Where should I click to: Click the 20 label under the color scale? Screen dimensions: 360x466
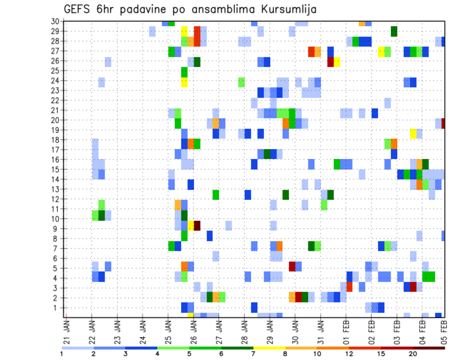[413, 354]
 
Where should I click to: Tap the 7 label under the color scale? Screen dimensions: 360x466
[253, 354]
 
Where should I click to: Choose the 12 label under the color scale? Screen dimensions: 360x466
[349, 354]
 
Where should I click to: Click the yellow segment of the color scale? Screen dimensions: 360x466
[269, 348]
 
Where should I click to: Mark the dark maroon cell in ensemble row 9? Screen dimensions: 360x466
[197, 226]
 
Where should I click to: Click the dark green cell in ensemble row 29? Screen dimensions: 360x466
[394, 31]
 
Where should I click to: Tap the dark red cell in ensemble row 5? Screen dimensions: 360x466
[292, 266]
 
